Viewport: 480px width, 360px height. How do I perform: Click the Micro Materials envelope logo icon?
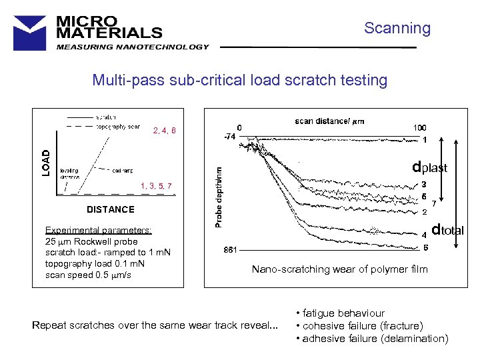(30, 31)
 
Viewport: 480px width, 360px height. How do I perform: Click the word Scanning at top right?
(397, 28)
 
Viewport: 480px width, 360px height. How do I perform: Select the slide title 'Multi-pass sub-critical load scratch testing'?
(239, 81)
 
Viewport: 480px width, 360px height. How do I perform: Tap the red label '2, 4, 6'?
(165, 131)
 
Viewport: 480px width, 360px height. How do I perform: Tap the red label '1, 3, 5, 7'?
(157, 185)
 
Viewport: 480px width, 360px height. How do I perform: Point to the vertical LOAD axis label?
(46, 162)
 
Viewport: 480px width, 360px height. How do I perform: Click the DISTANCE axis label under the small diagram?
(111, 209)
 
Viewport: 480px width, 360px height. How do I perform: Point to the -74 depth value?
(230, 137)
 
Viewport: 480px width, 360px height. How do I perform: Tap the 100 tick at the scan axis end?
(420, 128)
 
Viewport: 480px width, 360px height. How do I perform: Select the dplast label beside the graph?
(429, 167)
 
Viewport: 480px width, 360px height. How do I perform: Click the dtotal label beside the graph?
(447, 231)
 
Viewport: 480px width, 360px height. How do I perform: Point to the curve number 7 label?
(435, 203)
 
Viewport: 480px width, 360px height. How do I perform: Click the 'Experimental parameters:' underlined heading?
(98, 231)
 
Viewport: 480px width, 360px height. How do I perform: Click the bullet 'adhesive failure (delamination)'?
(373, 338)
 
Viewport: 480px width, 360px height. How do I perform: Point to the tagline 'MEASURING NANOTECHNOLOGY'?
(133, 47)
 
